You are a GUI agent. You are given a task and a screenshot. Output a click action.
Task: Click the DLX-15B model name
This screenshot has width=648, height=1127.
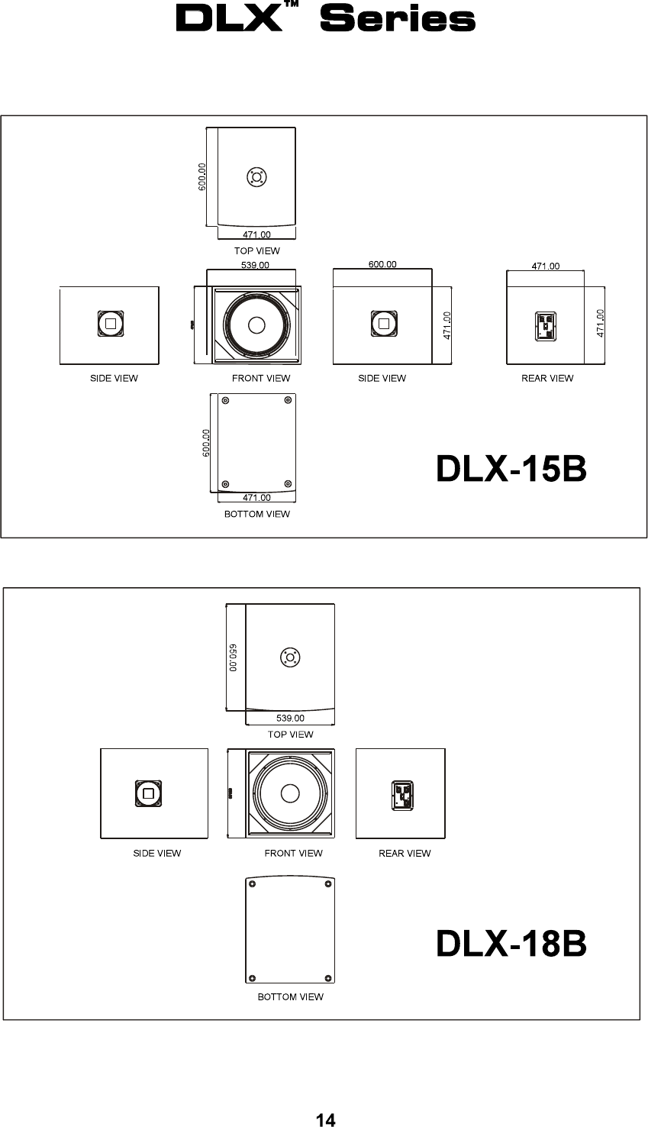(x=511, y=468)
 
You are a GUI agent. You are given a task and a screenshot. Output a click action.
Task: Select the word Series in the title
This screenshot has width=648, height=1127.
(x=398, y=18)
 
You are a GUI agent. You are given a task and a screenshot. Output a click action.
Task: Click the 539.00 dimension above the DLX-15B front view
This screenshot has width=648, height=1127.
(x=255, y=265)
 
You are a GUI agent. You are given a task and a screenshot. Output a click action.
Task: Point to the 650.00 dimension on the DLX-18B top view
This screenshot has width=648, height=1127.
(x=233, y=657)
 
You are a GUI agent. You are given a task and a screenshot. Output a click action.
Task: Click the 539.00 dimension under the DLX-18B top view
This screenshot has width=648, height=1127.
(x=290, y=718)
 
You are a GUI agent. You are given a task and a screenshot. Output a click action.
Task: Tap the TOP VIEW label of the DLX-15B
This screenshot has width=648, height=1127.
(x=257, y=250)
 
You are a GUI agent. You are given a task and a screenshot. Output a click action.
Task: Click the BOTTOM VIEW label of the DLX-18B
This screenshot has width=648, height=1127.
(x=290, y=996)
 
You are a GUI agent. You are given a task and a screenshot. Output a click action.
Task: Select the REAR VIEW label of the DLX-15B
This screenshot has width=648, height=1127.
(x=547, y=379)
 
